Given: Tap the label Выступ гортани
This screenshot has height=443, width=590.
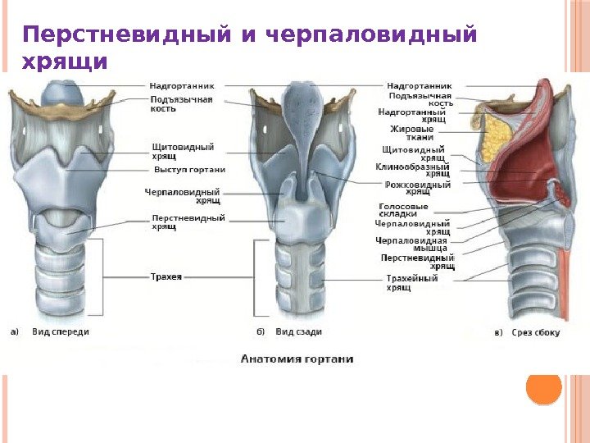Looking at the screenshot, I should pyautogui.click(x=189, y=170).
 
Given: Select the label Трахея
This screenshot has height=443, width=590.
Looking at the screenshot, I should pyautogui.click(x=166, y=277).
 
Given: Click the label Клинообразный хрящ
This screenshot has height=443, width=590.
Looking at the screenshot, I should pyautogui.click(x=413, y=170).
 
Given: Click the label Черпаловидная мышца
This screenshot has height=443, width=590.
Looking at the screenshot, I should pyautogui.click(x=411, y=244).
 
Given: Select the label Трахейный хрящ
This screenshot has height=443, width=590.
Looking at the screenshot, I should pyautogui.click(x=412, y=283).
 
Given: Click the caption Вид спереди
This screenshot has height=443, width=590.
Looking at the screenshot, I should pyautogui.click(x=61, y=332).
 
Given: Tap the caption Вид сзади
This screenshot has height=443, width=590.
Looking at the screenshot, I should pyautogui.click(x=298, y=332).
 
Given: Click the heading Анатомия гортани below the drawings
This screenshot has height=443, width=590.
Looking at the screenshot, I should pyautogui.click(x=297, y=359).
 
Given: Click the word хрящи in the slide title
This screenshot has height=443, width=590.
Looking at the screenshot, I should pyautogui.click(x=66, y=62).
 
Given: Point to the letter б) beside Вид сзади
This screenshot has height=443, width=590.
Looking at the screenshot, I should pyautogui.click(x=260, y=332).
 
